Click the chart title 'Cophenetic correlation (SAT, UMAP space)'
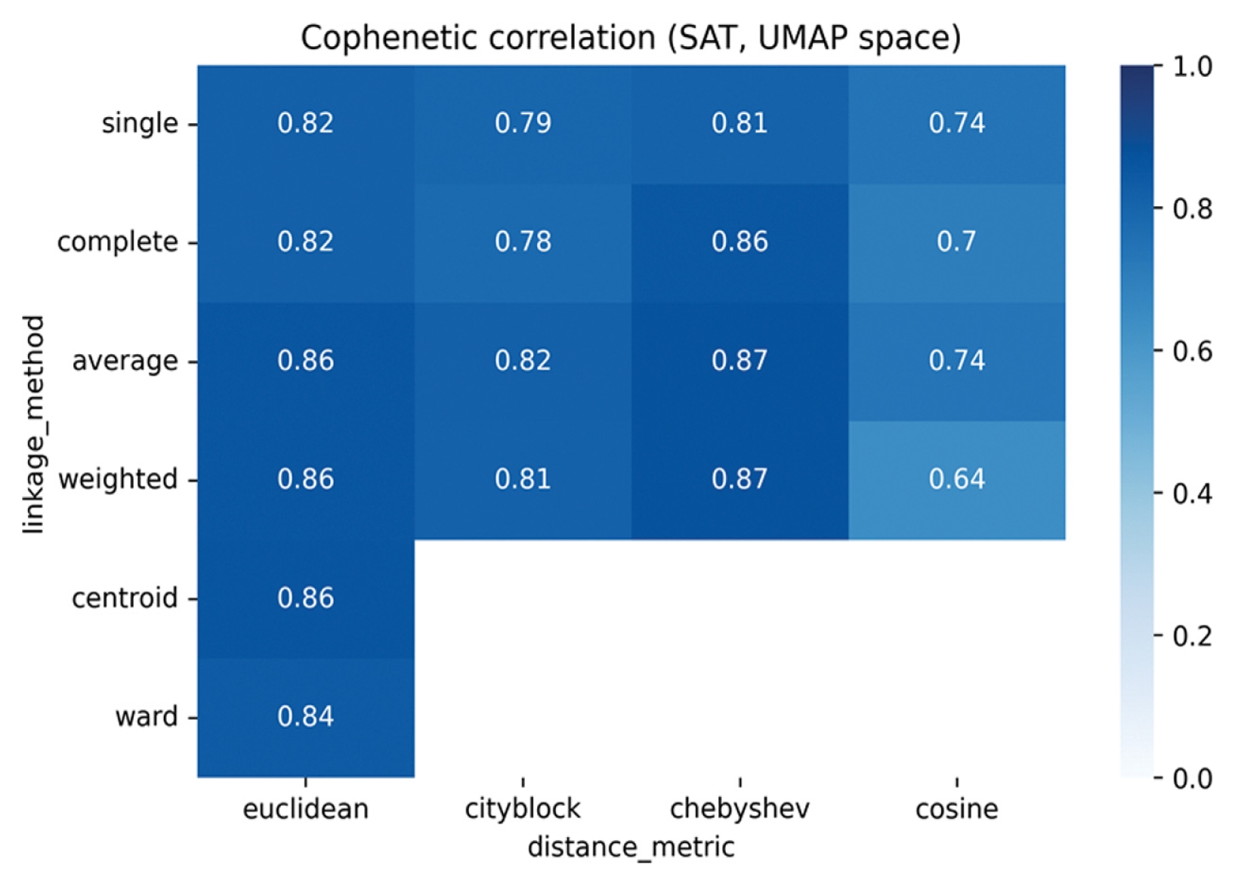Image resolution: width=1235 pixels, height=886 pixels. pos(631,38)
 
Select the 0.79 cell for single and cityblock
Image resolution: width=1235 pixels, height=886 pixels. pos(523,124)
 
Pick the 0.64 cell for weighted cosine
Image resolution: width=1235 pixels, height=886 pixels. pos(956,480)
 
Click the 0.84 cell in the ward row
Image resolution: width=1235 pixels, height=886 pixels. pos(306,718)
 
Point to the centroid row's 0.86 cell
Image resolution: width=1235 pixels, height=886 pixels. pos(306,599)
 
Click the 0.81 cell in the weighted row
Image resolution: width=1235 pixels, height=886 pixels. pos(523,480)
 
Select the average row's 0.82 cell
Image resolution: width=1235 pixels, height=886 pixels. pos(523,362)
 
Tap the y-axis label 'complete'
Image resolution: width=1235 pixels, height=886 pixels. pos(117,242)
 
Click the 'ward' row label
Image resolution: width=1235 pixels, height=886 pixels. pos(147,718)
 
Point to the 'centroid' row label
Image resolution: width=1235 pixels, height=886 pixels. pos(125,599)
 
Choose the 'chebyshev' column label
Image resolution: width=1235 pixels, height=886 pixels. pos(740,810)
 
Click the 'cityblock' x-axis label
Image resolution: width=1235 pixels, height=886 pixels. pos(523,810)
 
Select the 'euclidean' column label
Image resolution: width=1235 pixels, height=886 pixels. pos(306,810)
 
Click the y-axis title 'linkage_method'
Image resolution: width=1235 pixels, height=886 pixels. pos(34,424)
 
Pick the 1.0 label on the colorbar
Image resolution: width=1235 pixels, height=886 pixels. pos(1192,66)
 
